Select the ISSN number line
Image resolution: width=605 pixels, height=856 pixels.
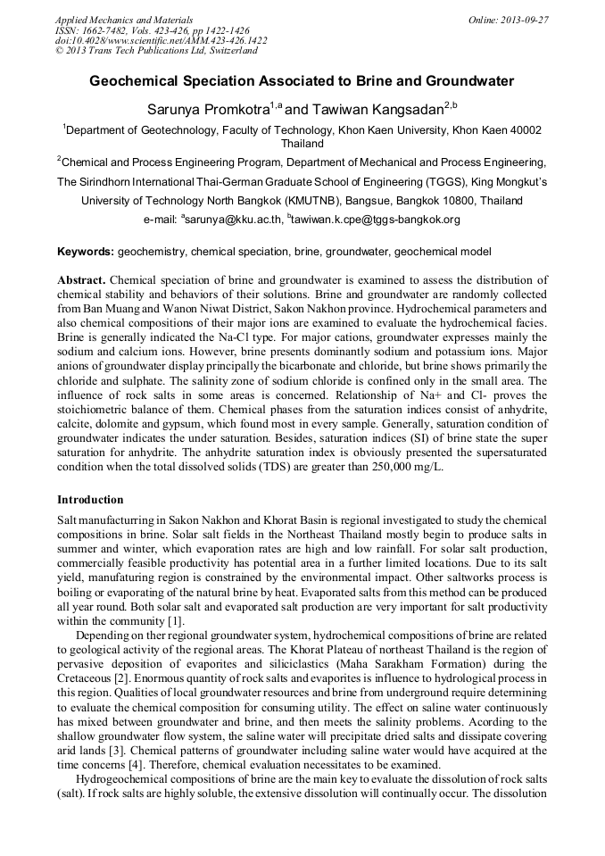(x=153, y=29)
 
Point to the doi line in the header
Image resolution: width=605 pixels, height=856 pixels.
(x=161, y=40)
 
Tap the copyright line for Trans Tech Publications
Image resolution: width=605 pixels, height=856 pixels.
(x=156, y=51)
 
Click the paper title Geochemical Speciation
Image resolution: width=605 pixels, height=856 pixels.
(x=302, y=81)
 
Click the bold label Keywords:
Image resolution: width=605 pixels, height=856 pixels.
(x=86, y=253)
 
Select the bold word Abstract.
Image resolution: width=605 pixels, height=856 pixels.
(x=82, y=280)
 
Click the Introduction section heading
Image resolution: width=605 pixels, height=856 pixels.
(x=90, y=499)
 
